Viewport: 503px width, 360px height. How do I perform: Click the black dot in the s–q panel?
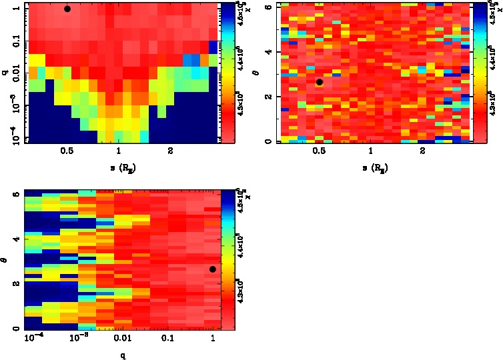[67, 9]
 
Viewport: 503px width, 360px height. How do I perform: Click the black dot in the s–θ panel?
[320, 82]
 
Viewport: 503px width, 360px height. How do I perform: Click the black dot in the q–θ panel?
[212, 269]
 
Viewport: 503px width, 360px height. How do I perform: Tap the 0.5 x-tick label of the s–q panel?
[67, 151]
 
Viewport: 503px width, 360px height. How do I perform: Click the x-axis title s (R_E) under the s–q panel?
[119, 169]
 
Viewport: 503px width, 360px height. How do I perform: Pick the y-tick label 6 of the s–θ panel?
[267, 7]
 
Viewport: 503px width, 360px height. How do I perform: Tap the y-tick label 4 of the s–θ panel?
[267, 51]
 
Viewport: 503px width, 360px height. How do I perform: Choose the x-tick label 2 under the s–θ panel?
[423, 151]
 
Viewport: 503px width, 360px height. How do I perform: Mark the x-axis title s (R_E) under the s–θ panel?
[371, 169]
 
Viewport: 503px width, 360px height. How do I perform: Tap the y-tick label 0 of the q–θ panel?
[15, 328]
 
